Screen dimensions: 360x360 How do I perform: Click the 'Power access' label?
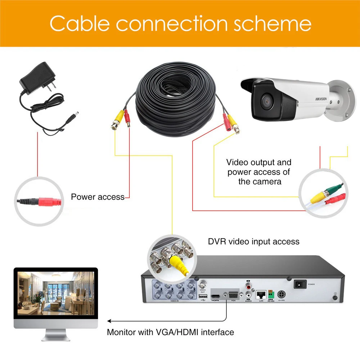98,197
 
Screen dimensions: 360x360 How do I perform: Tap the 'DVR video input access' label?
254,241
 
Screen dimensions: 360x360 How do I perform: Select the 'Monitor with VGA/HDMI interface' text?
170,332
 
